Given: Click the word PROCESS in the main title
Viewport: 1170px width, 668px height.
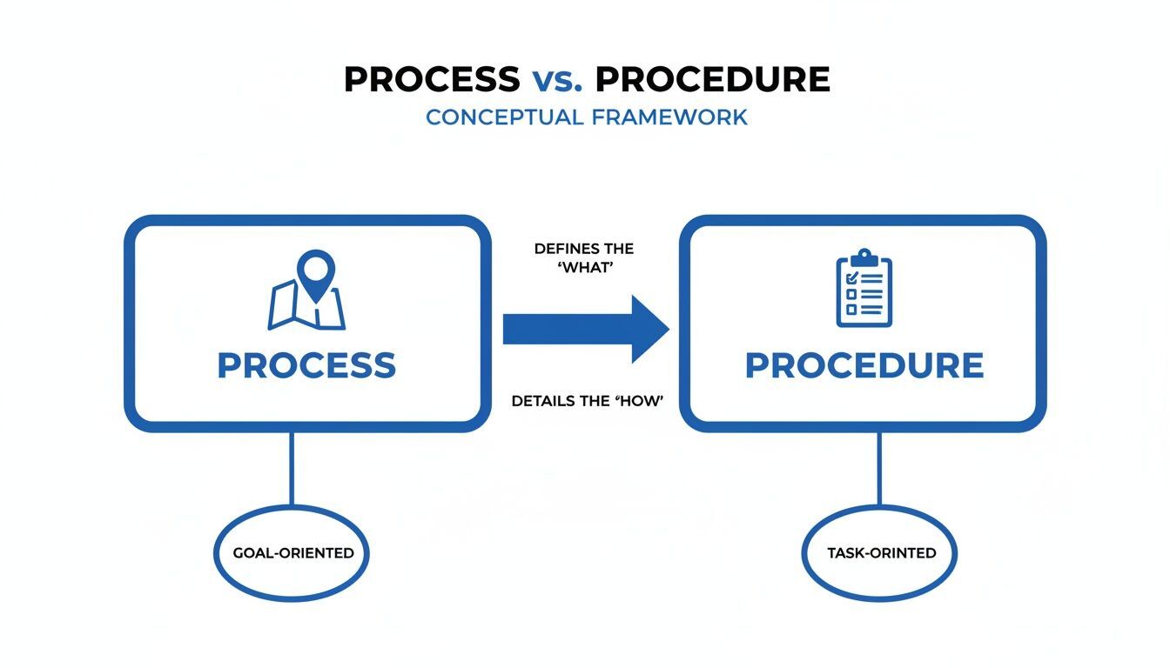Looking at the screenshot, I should (x=432, y=79).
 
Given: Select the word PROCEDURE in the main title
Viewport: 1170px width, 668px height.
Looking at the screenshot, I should (x=713, y=79).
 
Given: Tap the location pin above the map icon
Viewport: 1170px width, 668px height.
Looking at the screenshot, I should (x=315, y=269).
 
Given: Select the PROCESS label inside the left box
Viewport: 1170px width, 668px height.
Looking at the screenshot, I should (x=306, y=365).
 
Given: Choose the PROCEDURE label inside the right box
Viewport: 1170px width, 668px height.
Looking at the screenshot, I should (x=864, y=365).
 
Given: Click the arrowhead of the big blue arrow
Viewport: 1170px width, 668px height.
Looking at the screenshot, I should (x=649, y=329).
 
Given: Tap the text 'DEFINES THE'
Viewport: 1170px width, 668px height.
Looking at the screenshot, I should (x=583, y=249).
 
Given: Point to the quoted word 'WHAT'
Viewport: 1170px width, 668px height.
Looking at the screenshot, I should (x=584, y=269).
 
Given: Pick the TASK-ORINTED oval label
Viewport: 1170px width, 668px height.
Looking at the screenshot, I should (x=879, y=552).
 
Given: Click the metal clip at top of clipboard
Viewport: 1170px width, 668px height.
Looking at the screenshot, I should (x=864, y=256).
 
